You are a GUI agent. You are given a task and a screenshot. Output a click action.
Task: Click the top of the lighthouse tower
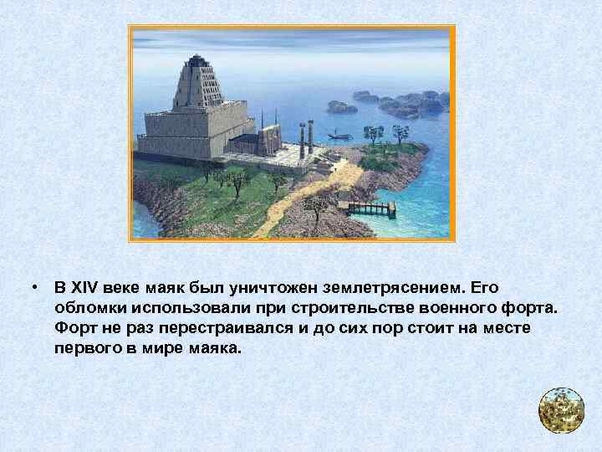click(198, 59)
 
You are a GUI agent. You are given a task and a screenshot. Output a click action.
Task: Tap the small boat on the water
click(335, 134)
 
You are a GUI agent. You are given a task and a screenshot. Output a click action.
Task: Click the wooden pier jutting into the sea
click(368, 207)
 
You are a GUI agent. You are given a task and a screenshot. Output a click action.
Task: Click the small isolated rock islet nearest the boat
click(342, 106)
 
